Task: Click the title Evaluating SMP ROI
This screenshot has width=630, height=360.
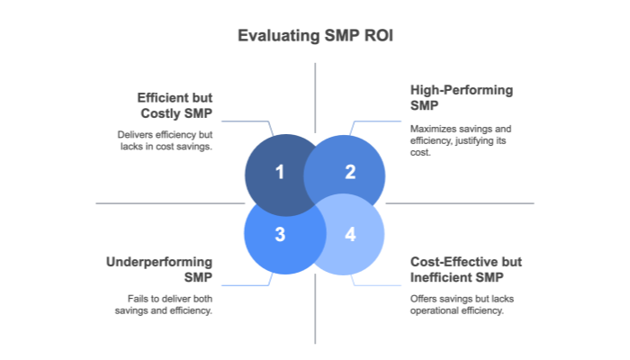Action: pos(314,36)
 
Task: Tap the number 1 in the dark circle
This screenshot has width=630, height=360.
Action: pos(280,171)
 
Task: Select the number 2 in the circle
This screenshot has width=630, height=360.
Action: pos(350,171)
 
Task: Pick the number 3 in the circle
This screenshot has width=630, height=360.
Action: pos(280,235)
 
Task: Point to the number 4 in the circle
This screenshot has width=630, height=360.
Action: pos(350,235)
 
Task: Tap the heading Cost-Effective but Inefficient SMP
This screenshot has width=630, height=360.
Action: pos(465,268)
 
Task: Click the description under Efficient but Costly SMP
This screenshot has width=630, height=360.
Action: pos(165,139)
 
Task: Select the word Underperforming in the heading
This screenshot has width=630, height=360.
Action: pos(159,261)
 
